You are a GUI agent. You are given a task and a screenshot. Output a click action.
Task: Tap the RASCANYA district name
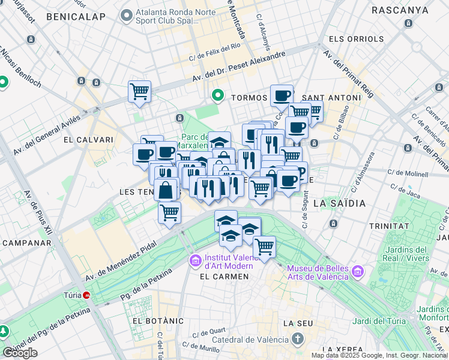point(400,10)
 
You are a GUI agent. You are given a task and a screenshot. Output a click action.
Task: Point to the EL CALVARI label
point(88,140)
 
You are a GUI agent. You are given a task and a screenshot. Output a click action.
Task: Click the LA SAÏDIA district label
point(339,203)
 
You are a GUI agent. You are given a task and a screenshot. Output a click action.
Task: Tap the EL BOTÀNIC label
point(158,321)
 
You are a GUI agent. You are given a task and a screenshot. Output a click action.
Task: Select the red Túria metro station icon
point(87,295)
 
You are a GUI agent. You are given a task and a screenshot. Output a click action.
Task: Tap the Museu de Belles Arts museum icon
point(358,272)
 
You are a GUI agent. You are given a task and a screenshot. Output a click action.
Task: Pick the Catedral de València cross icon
point(298,339)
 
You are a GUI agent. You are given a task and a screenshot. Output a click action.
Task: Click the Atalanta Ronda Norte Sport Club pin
point(126,14)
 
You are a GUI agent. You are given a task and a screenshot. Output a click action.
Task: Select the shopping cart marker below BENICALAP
point(139,92)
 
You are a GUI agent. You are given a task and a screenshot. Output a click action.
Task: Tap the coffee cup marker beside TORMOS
point(282,95)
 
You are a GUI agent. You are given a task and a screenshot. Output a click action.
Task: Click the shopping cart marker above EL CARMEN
point(264,246)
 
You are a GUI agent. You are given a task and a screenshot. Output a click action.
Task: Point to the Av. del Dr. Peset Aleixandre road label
point(239,67)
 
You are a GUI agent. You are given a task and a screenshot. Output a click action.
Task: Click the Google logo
point(20,353)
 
